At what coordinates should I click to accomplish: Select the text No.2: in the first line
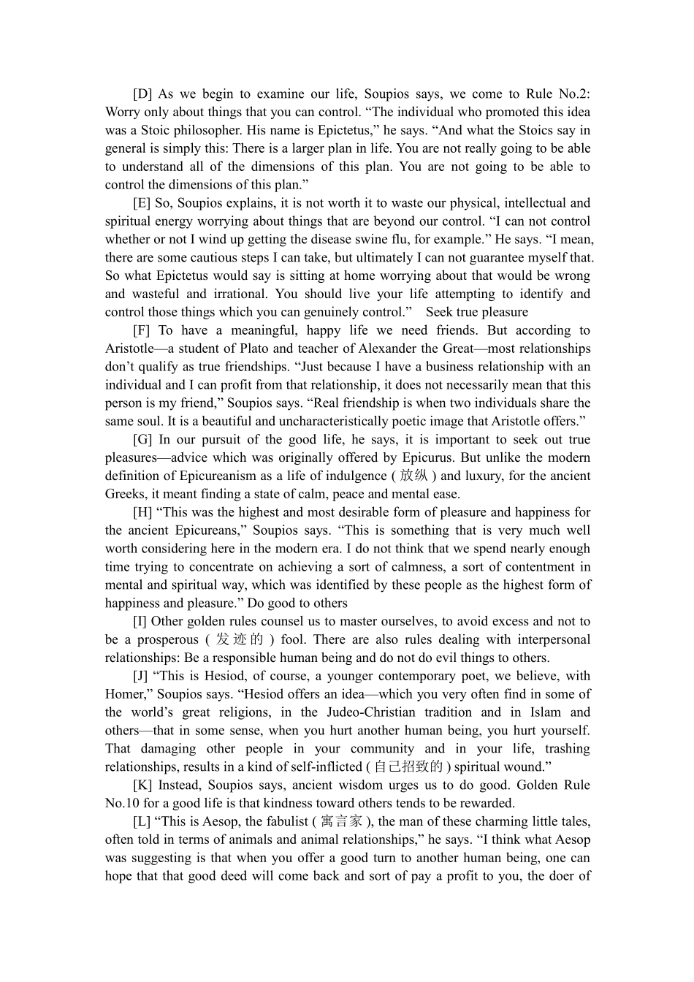(x=574, y=94)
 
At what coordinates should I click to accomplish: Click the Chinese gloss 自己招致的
(x=408, y=767)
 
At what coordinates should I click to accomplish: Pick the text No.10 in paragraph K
(x=122, y=804)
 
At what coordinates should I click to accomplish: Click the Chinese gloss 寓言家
(x=341, y=822)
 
